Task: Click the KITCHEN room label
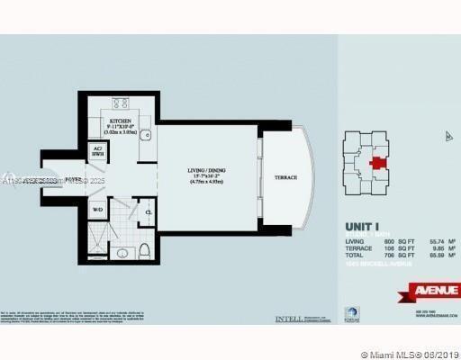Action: tap(122, 120)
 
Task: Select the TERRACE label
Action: tap(285, 178)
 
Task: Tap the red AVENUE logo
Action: tap(433, 290)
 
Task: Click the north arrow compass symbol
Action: tap(447, 137)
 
